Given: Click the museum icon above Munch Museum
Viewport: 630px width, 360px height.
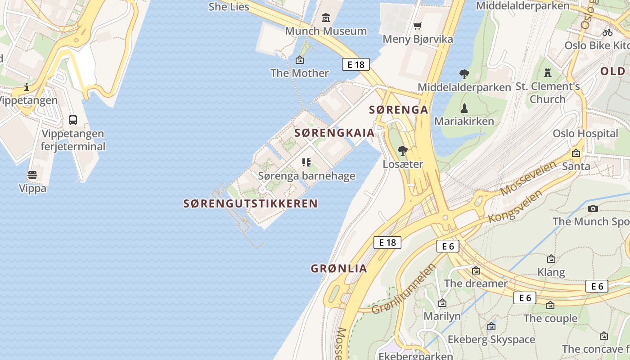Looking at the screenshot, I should (x=326, y=18).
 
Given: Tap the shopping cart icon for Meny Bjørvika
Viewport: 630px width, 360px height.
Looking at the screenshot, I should (x=418, y=26).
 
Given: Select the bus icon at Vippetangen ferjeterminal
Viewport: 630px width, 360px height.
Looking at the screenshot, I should (x=72, y=120).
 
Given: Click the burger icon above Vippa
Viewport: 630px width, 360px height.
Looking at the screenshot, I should (x=32, y=175).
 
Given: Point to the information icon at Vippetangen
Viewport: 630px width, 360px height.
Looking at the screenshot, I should (x=27, y=87).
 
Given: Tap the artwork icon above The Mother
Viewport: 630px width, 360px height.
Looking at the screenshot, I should (x=300, y=60).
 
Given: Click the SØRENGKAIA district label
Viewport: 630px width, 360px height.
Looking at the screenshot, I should (x=334, y=133).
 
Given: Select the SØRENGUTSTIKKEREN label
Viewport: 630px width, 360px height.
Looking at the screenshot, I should (x=250, y=204).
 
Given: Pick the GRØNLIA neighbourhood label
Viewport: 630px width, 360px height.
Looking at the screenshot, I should (x=339, y=269).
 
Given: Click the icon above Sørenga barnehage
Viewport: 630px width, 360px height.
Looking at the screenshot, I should (x=306, y=162).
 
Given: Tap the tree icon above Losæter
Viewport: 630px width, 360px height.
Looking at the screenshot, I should (x=403, y=150).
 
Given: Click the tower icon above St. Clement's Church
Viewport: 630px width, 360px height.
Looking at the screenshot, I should (x=547, y=72).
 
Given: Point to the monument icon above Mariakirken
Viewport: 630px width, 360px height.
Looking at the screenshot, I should (x=464, y=108).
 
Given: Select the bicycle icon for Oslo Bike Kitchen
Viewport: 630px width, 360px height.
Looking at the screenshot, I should (x=607, y=32).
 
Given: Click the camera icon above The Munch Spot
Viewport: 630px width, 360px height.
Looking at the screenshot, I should (x=593, y=208).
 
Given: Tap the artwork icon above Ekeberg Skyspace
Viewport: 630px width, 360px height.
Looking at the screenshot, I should (x=491, y=326).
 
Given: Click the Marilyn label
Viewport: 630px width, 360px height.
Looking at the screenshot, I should (x=442, y=316).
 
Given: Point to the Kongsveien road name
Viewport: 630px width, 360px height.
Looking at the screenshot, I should (x=515, y=206).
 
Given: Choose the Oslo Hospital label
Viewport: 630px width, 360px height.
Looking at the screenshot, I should (x=585, y=134).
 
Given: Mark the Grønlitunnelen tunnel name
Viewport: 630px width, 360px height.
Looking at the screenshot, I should (x=404, y=289).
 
